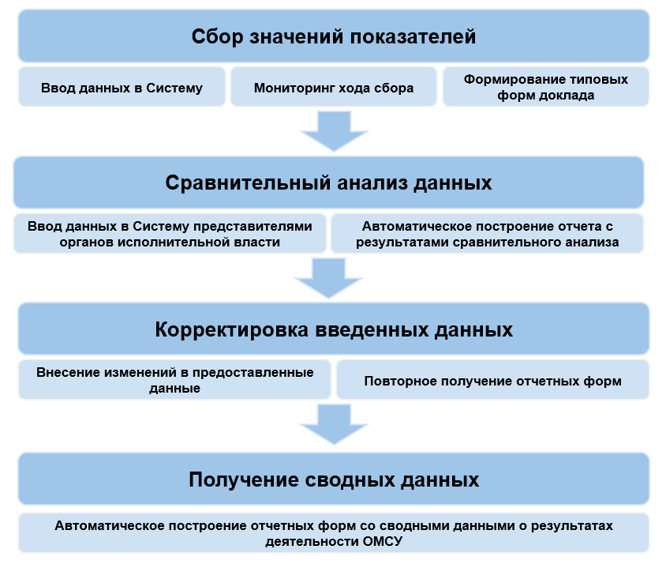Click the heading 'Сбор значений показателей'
pos(333,36)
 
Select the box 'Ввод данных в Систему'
pos(122,88)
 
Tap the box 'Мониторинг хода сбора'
pos(333,88)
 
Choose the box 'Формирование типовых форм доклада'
pos(546,87)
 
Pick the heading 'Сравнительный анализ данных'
pos(328,182)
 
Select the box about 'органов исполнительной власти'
pos(170,234)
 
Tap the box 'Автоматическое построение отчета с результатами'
pos(487,234)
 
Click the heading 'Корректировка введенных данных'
pos(333,329)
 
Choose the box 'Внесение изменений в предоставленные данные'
pos(174,380)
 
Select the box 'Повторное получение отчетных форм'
pos(492,381)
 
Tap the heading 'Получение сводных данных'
pos(333,479)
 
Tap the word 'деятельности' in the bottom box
pos(308,541)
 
